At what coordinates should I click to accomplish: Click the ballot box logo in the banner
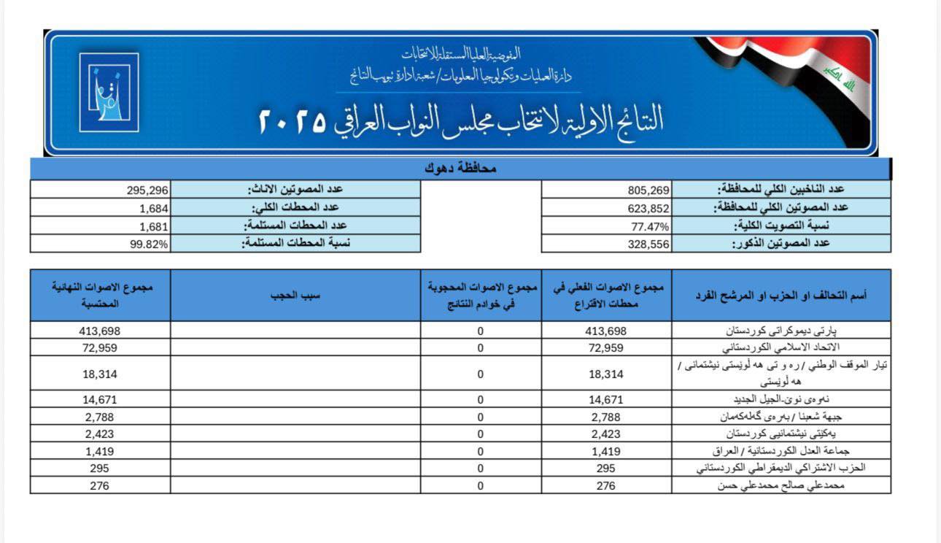(109, 92)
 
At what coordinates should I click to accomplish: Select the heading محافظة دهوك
(460, 169)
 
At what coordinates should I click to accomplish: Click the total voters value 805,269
(648, 190)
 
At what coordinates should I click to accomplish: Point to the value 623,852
(648, 207)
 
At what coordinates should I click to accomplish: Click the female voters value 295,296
(147, 190)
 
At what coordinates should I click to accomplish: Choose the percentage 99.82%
(150, 244)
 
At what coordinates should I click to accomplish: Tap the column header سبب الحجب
(295, 295)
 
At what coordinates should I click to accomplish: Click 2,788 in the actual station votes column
(605, 416)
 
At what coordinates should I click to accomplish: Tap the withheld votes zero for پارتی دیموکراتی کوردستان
(480, 331)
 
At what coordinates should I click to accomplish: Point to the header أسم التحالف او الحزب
(781, 295)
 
